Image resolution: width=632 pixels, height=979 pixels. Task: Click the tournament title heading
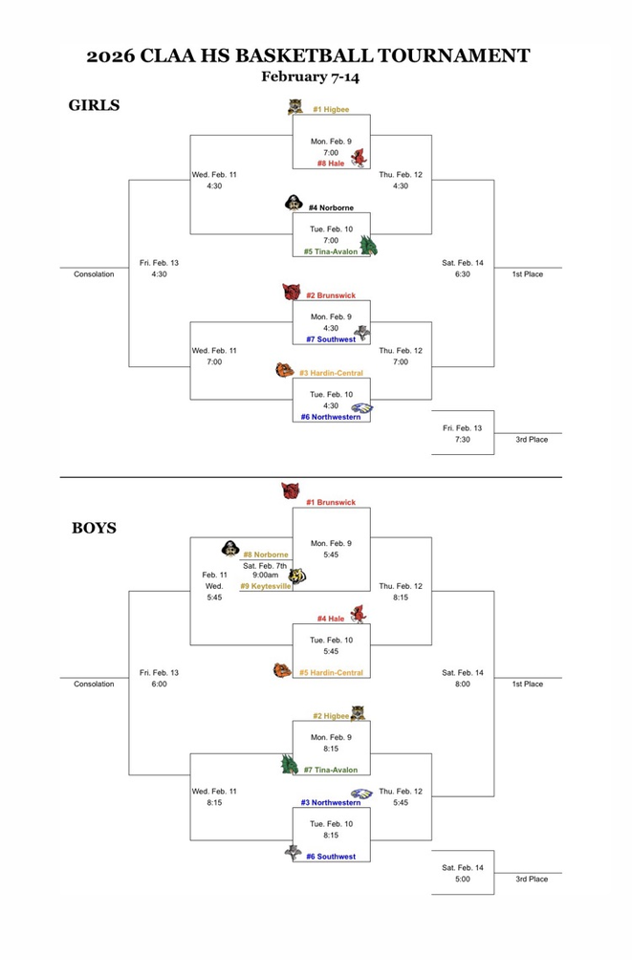[308, 55]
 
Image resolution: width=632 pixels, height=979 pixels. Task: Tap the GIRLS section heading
[94, 105]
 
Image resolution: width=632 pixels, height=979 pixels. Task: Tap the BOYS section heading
[94, 528]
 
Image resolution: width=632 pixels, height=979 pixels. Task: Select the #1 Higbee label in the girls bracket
[331, 110]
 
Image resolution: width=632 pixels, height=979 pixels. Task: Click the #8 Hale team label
[331, 163]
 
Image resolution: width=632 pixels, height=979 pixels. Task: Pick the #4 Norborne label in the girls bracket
[331, 207]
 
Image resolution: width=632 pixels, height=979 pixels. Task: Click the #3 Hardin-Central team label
[331, 373]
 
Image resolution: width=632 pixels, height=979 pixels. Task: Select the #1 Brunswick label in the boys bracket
[331, 502]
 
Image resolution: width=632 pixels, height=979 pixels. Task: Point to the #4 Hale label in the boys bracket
[331, 619]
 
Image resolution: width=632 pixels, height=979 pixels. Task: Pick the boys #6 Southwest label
[331, 857]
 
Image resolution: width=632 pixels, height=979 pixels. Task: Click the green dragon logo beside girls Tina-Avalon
[368, 246]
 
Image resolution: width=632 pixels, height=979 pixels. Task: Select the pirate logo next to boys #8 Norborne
[229, 549]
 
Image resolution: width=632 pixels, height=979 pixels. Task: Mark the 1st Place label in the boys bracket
[527, 684]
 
